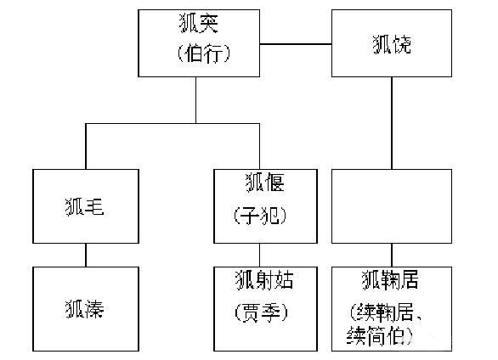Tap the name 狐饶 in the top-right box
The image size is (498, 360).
coord(392,43)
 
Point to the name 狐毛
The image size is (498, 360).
coord(84,206)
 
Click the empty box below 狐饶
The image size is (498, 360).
coord(392,206)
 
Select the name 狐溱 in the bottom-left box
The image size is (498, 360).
coord(84,308)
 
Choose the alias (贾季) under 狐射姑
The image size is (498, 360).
coord(263,312)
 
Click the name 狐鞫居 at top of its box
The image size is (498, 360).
coord(390,278)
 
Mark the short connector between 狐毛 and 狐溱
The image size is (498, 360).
coord(84,256)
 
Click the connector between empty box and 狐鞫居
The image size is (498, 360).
coord(391,256)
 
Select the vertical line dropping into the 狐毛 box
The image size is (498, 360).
coord(84,146)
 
